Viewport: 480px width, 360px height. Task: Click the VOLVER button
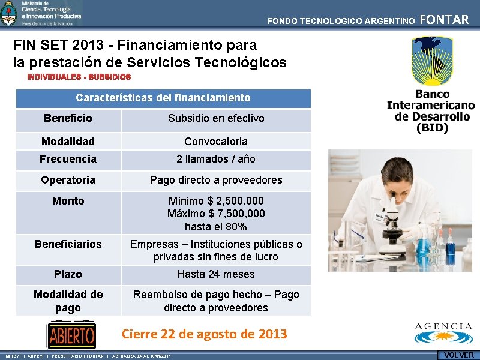tap(458, 355)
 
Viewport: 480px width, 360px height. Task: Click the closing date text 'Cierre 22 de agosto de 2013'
tap(205, 334)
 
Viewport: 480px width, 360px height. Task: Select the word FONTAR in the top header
tap(445, 20)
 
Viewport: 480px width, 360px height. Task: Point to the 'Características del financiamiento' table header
tap(163, 98)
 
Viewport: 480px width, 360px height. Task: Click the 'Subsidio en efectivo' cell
tap(216, 118)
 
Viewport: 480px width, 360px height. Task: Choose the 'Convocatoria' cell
tap(216, 142)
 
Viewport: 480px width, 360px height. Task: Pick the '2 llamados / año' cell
tap(216, 159)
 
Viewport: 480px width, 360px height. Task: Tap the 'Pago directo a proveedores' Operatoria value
tap(216, 180)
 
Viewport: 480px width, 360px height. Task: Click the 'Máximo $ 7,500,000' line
tap(216, 214)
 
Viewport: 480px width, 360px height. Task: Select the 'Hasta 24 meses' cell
tap(216, 274)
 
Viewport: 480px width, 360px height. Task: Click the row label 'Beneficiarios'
tap(68, 244)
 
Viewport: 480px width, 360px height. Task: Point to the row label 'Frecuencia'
tap(68, 159)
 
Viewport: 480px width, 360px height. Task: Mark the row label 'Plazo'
tap(68, 274)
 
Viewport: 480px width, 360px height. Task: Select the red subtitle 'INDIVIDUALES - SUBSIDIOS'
tap(79, 77)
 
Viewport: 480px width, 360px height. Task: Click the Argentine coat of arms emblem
tap(9, 13)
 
